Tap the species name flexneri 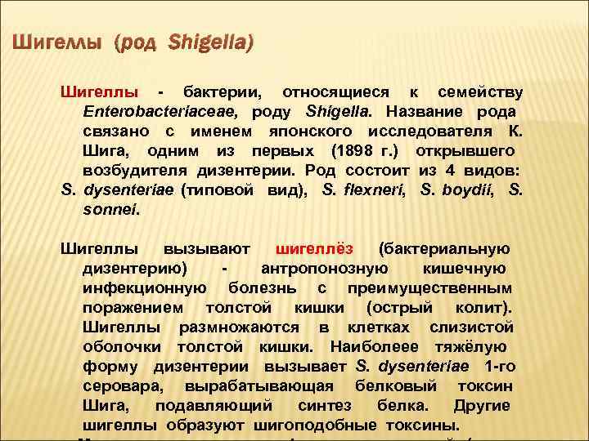364,190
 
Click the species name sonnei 110,210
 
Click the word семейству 481,91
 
